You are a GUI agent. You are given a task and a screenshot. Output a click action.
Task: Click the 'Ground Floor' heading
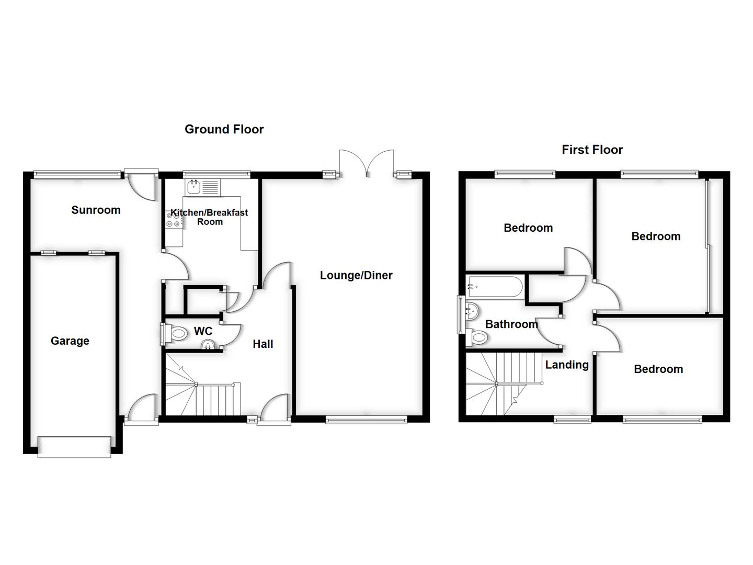pos(224,129)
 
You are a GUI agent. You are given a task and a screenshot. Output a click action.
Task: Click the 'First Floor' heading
pos(592,150)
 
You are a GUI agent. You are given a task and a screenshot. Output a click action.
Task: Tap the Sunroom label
pos(96,210)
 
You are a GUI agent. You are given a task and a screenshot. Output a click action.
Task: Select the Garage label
pos(70,341)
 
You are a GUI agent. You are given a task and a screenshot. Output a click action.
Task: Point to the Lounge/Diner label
pos(356,275)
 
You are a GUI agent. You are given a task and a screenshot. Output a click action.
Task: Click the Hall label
pos(263,344)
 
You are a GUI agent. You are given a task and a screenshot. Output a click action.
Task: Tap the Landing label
pos(567,365)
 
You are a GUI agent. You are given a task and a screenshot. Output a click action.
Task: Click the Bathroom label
pos(511,324)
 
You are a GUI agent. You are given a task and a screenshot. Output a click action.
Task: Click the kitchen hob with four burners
pos(173,220)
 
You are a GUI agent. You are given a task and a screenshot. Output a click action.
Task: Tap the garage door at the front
pos(74,447)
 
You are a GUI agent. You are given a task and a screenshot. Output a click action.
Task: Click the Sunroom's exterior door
pos(141,183)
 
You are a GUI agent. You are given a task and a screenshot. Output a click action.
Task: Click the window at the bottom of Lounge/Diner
pos(366,419)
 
